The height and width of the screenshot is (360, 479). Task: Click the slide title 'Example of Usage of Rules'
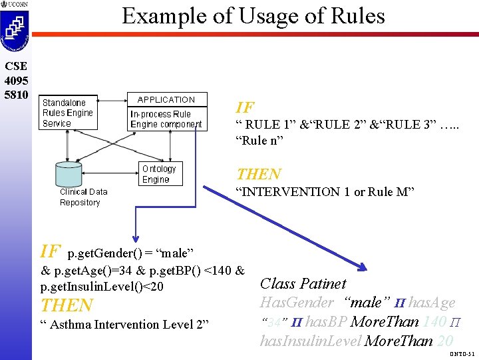point(253,15)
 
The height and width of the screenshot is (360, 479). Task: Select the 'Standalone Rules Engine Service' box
point(68,113)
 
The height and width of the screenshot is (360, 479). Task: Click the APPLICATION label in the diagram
point(166,99)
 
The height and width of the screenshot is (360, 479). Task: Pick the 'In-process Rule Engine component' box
point(166,119)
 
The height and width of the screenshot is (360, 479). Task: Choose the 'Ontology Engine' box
point(158,174)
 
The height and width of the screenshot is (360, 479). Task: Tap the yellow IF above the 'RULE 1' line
point(245,107)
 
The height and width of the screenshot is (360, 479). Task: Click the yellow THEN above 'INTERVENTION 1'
point(259,174)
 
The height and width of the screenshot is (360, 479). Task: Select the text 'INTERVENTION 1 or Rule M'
point(325,192)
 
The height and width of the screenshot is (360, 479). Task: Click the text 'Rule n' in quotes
point(259,140)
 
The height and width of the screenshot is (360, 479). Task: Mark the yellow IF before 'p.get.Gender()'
point(51,251)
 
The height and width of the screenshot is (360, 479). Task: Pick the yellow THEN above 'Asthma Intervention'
point(67,305)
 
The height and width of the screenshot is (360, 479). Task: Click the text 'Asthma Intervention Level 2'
point(124,325)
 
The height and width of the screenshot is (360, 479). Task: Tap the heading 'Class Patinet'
point(303,283)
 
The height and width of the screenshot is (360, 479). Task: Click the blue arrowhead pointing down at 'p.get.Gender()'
point(136,241)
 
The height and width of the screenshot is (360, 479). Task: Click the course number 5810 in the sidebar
point(15,94)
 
